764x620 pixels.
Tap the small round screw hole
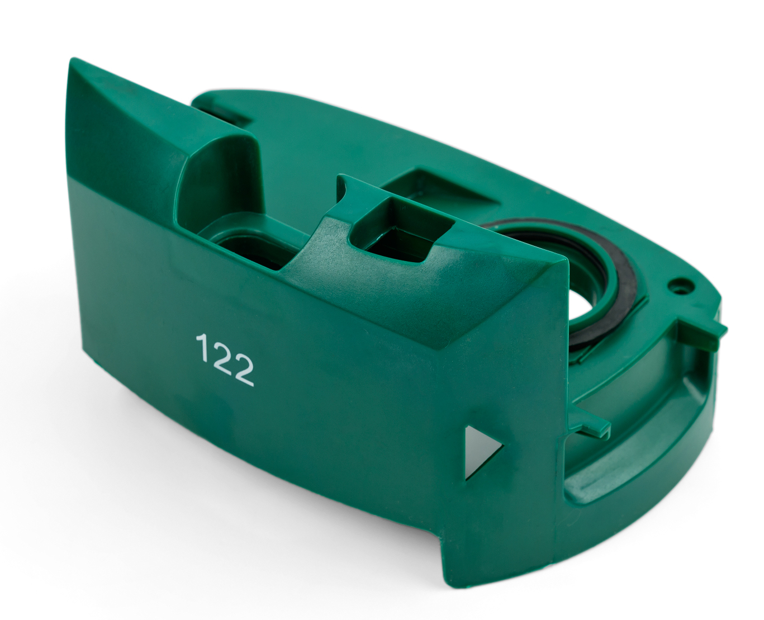pyautogui.click(x=678, y=287)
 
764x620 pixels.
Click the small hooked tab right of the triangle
pyautogui.click(x=589, y=425)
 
